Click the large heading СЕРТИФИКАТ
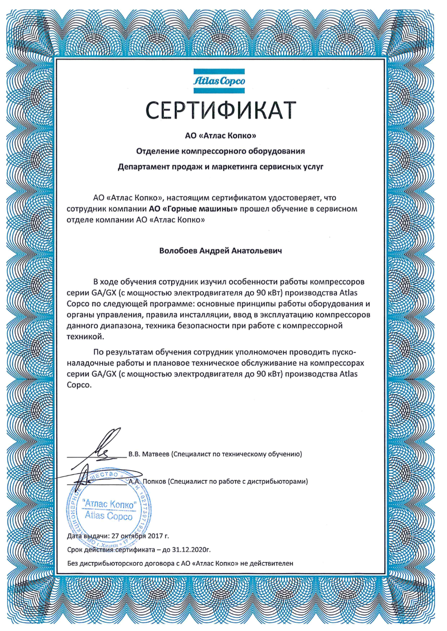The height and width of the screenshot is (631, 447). [x=221, y=110]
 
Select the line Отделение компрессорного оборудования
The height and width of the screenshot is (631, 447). [x=221, y=152]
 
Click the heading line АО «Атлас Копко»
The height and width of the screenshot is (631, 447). [x=221, y=136]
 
